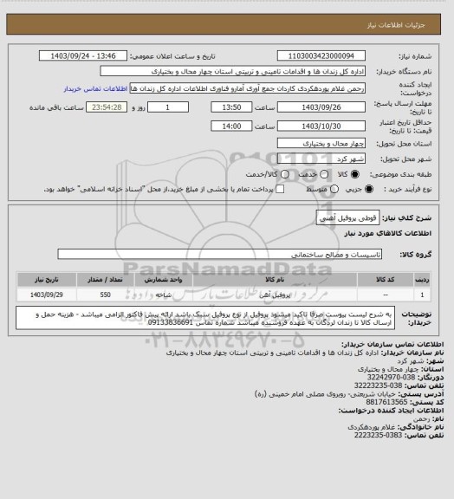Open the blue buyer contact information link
coord(96,88)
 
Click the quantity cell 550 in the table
coord(104,295)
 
